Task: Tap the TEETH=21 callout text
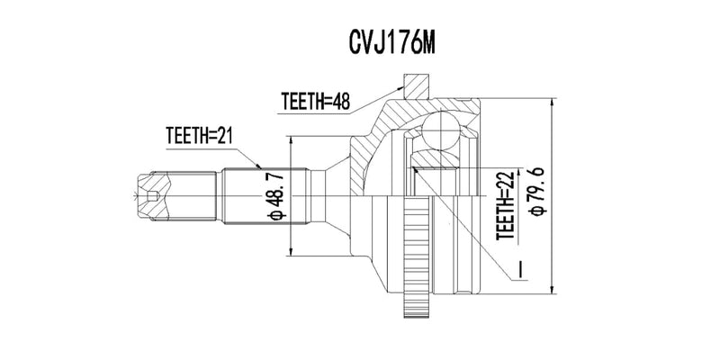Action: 199,137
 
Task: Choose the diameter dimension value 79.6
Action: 537,193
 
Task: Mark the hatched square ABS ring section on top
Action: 416,87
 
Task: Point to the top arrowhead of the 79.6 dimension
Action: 551,101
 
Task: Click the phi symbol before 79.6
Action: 537,213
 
